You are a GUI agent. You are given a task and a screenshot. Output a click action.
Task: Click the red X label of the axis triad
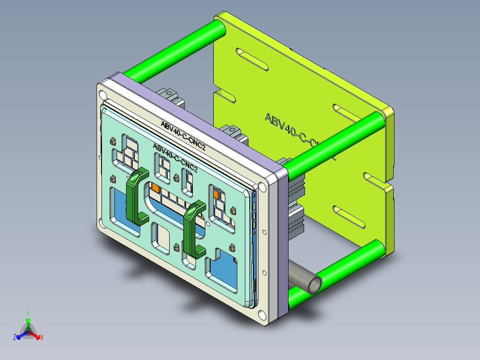[41, 338]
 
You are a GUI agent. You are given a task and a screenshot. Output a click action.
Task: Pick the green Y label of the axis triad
[28, 313]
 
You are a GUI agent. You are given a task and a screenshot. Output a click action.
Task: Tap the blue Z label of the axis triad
[15, 338]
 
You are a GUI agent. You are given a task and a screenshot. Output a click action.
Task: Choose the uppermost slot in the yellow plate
[252, 59]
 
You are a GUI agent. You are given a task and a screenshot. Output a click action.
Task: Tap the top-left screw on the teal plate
[112, 142]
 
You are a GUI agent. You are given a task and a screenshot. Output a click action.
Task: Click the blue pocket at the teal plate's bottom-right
[221, 270]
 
